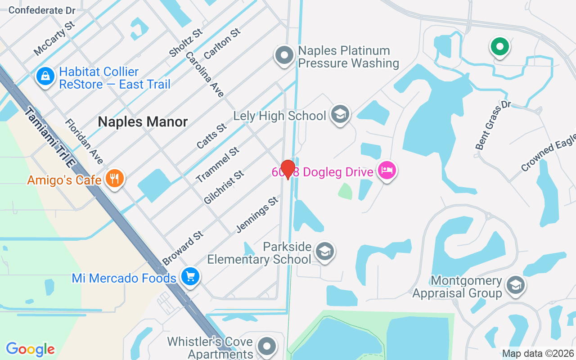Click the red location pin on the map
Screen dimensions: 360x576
coord(288,169)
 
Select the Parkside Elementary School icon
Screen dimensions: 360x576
coord(324,252)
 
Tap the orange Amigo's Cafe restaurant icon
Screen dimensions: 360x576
coord(115,179)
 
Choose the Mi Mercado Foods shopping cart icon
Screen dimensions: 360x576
coord(190,276)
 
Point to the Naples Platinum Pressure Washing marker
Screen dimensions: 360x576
coord(284,55)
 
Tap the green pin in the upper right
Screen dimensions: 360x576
coord(499,46)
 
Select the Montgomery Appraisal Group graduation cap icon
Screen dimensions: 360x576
coord(515,285)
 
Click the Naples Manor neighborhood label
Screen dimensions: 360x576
coord(143,121)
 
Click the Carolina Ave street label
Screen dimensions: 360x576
coord(204,74)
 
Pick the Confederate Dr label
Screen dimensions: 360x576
coord(42,10)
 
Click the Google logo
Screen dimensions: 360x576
coord(30,349)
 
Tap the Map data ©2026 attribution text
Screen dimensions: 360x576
coord(538,354)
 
